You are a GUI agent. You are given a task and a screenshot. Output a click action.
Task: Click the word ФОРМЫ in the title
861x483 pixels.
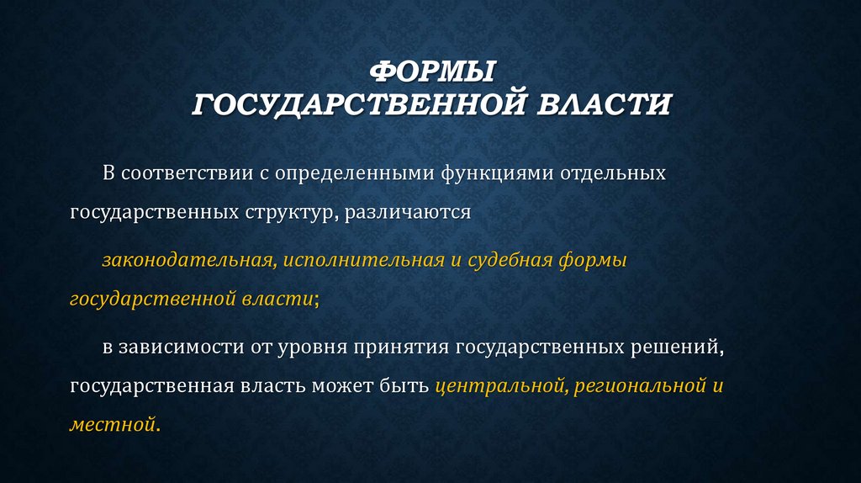(x=430, y=72)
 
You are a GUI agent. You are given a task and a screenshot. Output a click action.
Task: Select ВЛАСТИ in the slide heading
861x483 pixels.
(x=604, y=105)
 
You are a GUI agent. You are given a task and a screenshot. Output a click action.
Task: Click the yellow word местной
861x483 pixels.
(x=113, y=425)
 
